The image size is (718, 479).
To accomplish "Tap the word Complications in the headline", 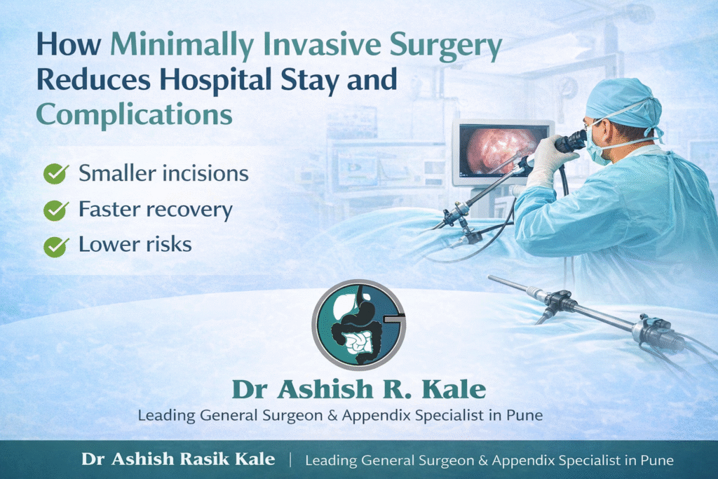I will click(x=134, y=114).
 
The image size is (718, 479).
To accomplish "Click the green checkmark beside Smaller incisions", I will click(x=55, y=174).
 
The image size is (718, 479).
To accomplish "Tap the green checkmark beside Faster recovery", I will click(x=55, y=210).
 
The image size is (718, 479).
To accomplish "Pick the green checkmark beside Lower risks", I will click(x=55, y=245).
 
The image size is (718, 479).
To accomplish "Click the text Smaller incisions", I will click(x=163, y=173).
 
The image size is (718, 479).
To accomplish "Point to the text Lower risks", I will click(x=135, y=245).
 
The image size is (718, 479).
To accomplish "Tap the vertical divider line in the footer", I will click(x=290, y=460).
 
